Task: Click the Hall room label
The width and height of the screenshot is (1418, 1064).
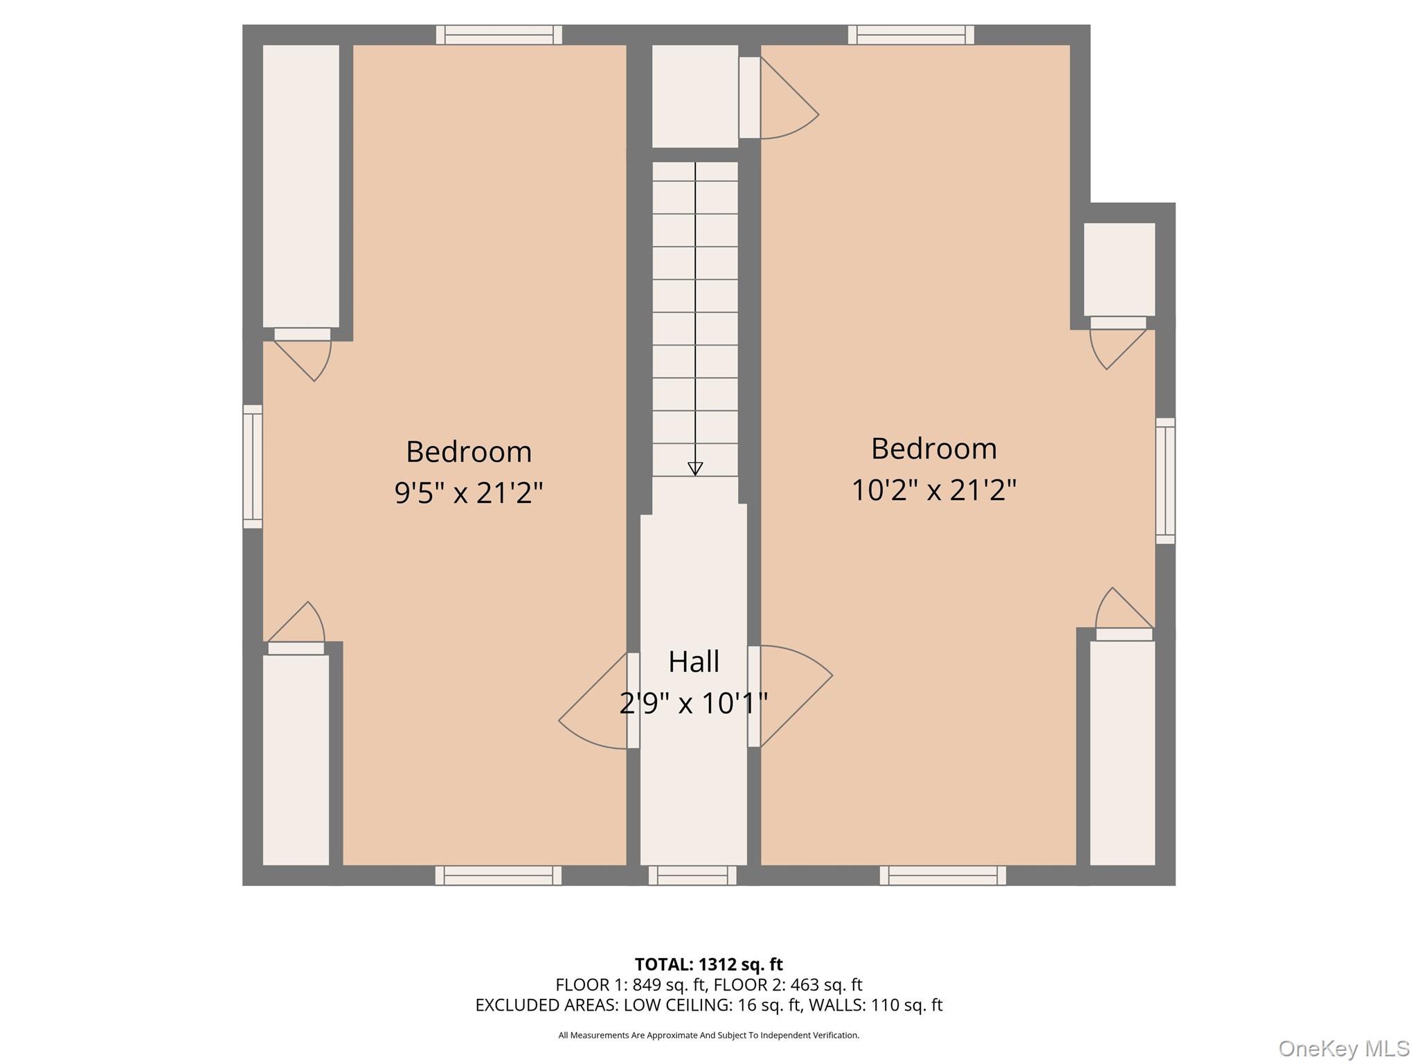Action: (x=694, y=662)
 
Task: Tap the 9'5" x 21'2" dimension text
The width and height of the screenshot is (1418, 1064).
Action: (x=469, y=493)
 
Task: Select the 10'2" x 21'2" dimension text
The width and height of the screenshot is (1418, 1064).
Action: (x=933, y=490)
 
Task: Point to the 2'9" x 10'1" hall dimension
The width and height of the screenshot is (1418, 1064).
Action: (x=694, y=704)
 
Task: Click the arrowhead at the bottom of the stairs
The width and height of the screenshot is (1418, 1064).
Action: (x=695, y=469)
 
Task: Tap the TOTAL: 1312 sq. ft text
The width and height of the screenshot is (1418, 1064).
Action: (x=708, y=964)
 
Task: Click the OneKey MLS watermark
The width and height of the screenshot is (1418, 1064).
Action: (x=1344, y=1049)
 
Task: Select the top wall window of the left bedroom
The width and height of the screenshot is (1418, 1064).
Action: (x=499, y=35)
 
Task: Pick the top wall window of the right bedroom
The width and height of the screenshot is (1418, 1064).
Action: (x=910, y=35)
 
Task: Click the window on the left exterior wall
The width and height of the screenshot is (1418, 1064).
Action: (x=253, y=466)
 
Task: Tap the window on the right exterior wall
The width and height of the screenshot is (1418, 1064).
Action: (x=1165, y=481)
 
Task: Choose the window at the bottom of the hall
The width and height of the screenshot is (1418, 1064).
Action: (x=692, y=876)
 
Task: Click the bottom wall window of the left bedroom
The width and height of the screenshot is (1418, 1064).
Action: (x=499, y=876)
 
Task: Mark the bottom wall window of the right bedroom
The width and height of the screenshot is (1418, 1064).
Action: (x=942, y=876)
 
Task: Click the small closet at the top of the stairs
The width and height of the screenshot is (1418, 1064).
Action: (x=695, y=96)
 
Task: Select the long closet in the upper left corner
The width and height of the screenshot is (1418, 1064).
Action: (x=300, y=186)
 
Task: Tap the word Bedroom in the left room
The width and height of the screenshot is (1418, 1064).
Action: (x=469, y=452)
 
